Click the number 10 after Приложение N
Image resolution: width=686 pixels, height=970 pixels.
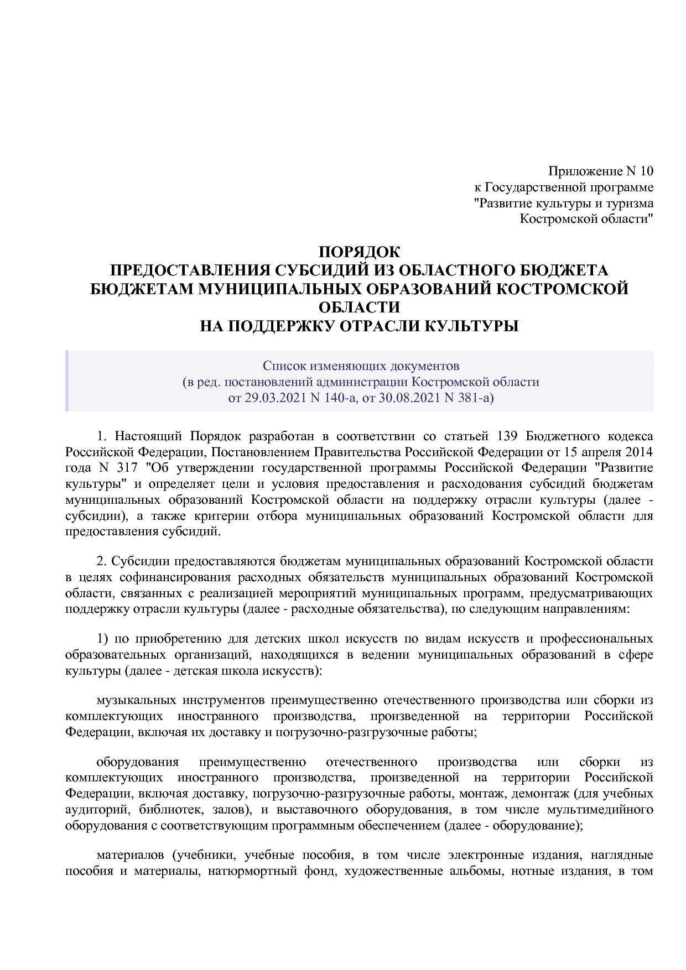click(x=646, y=171)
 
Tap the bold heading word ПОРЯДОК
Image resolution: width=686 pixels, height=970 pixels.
click(x=359, y=252)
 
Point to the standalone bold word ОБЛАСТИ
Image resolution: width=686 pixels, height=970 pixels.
click(x=359, y=307)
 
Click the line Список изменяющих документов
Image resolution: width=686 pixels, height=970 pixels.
click(x=361, y=366)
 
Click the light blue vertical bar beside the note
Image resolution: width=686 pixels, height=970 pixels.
click(x=67, y=381)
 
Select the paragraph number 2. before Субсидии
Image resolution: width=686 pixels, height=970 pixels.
click(x=101, y=561)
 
